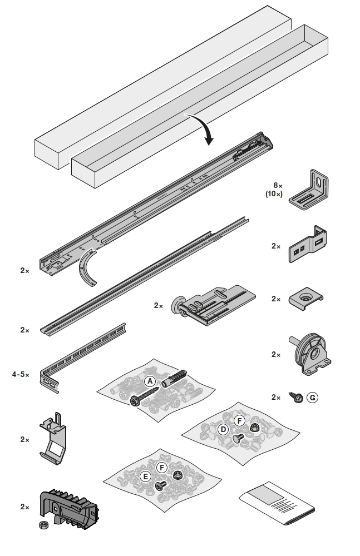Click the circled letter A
click(x=149, y=381)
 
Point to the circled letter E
click(x=146, y=476)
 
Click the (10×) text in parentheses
click(x=274, y=194)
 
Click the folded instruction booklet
click(x=277, y=504)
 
